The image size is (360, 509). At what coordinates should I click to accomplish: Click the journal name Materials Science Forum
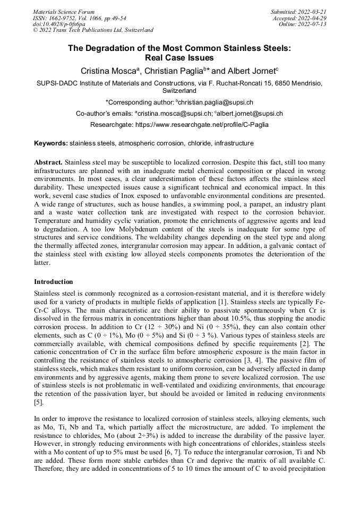[x=64, y=11]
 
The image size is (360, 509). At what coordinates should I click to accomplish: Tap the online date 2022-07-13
[x=312, y=24]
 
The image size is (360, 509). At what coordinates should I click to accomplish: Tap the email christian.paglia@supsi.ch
[x=215, y=102]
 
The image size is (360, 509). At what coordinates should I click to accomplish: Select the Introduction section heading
[x=54, y=281]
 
